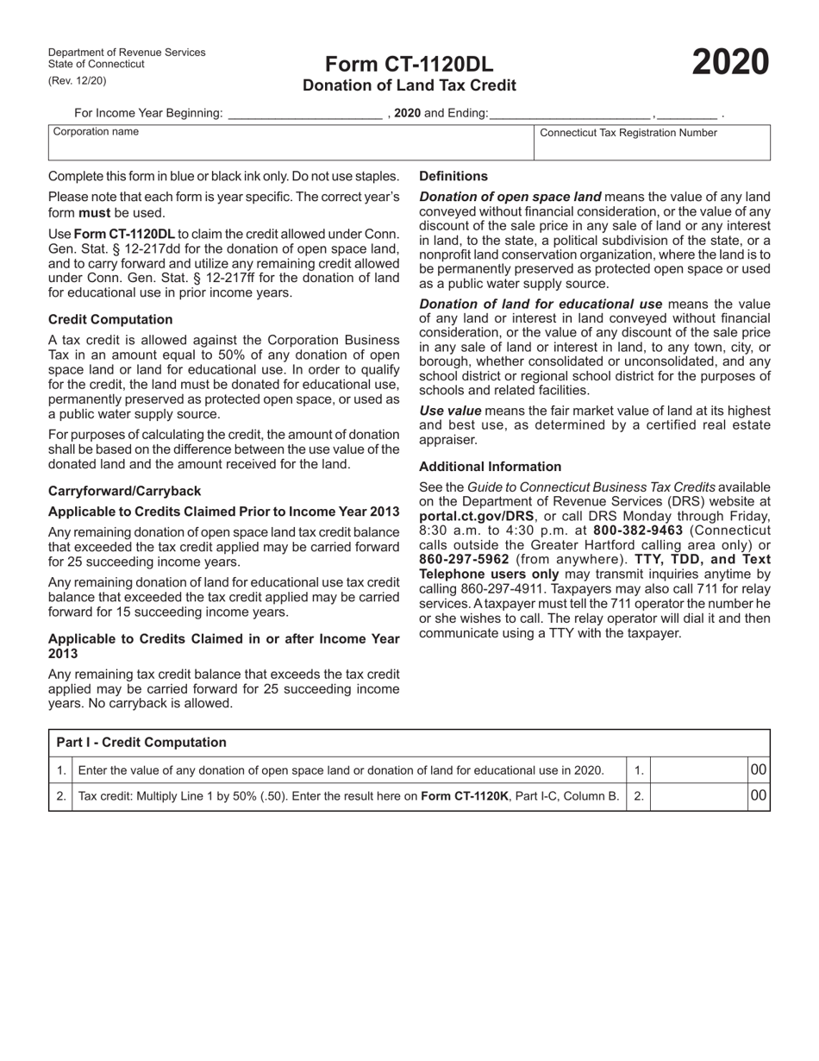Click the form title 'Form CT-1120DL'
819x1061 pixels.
(409, 65)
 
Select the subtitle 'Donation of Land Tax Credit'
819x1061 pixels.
(409, 85)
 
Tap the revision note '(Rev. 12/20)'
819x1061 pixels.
(78, 81)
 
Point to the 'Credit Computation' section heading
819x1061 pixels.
(110, 319)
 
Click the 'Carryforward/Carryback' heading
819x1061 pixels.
(124, 491)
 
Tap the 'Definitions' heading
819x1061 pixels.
(453, 176)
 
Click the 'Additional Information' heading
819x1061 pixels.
(490, 467)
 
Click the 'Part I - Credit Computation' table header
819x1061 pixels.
(141, 743)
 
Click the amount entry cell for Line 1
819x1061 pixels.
(697, 770)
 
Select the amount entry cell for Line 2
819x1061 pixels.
(697, 797)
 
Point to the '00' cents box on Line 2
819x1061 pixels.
(758, 797)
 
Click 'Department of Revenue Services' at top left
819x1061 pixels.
(127, 53)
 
